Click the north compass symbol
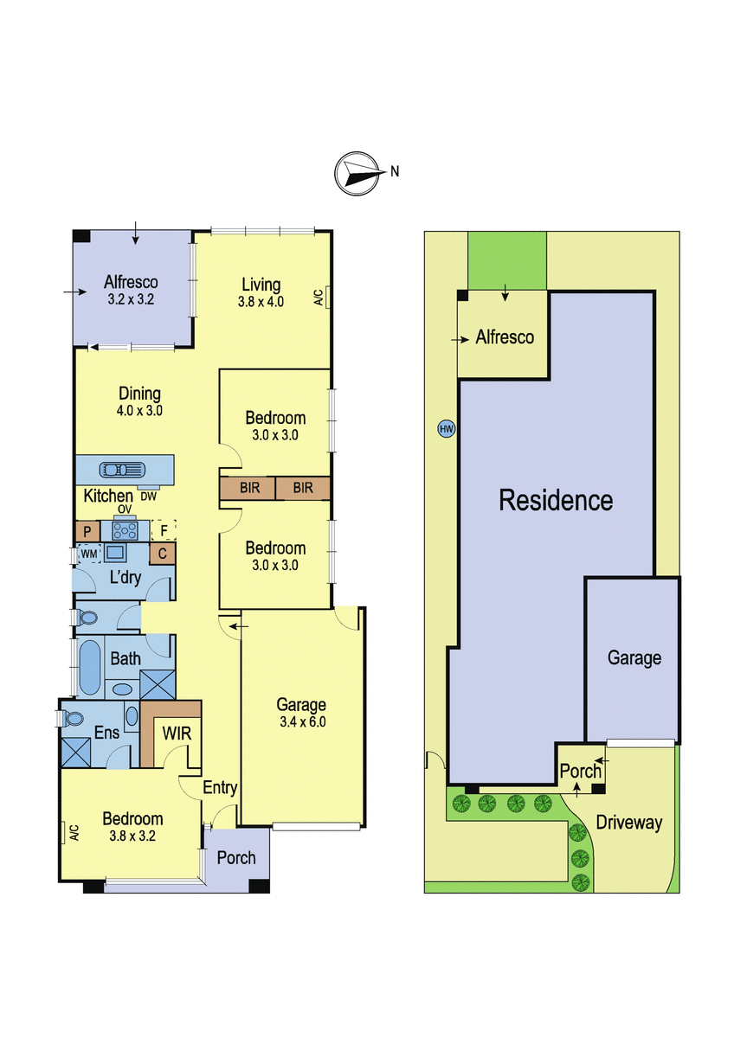tap(355, 173)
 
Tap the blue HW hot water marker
tap(446, 429)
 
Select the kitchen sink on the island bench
tap(122, 471)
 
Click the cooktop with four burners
tap(126, 530)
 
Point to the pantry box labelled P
tap(87, 531)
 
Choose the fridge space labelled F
tap(164, 530)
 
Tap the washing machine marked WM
tap(89, 554)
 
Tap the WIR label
tap(177, 734)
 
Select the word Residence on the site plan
tap(556, 501)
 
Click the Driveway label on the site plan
tap(628, 823)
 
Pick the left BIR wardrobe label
tap(250, 488)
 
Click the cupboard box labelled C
tap(162, 554)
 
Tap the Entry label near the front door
tap(220, 787)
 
